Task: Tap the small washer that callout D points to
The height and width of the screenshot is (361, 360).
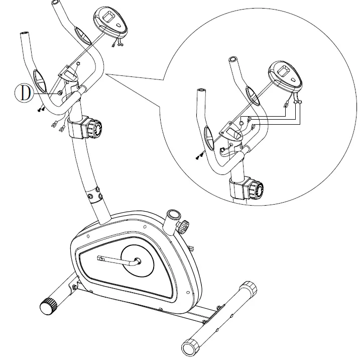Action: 60,93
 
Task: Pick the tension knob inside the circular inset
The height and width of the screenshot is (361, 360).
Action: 258,190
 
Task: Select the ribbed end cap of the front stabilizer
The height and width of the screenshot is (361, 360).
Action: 49,306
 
